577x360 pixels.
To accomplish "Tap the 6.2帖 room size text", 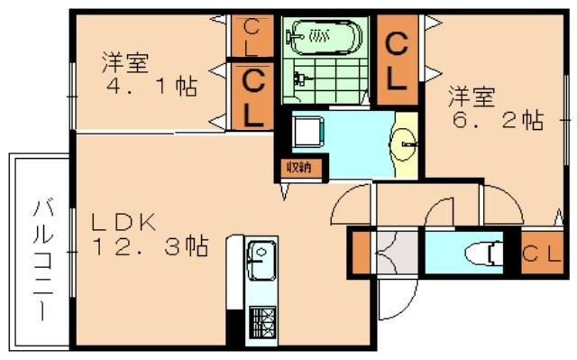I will tap(496, 118).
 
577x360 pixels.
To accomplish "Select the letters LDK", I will tap(124, 219).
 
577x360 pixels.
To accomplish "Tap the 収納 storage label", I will tap(299, 167).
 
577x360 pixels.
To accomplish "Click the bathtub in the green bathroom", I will tap(324, 35).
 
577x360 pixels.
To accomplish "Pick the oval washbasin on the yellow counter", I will tap(405, 141).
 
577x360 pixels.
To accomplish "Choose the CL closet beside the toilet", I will tap(540, 254).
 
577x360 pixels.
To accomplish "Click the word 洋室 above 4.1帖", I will tap(124, 63).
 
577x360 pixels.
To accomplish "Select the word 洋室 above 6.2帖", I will tap(472, 94).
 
